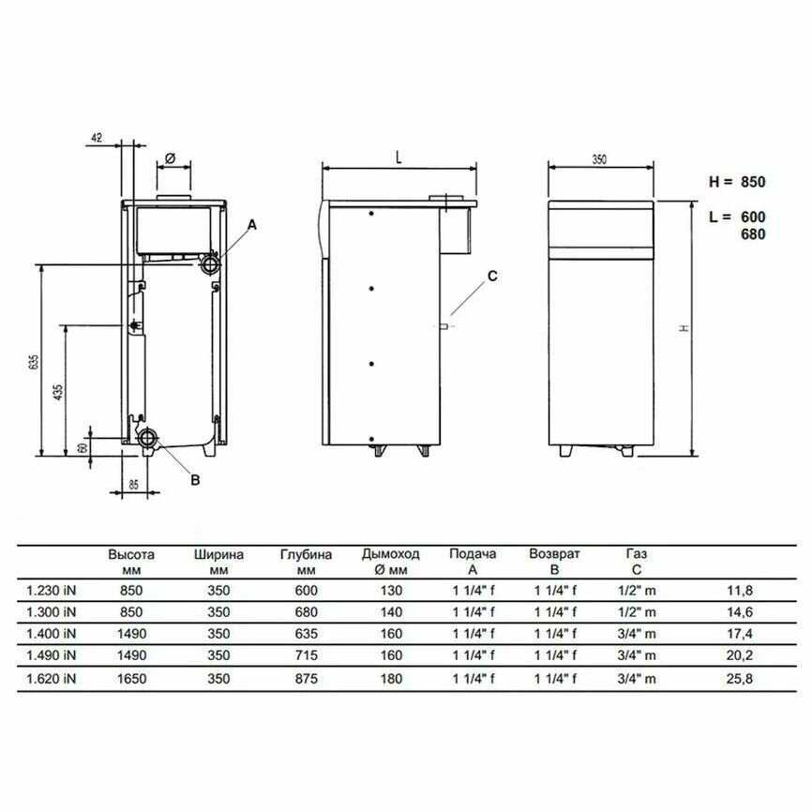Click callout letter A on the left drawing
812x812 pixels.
pyautogui.click(x=252, y=225)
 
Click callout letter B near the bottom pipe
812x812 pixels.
pyautogui.click(x=195, y=480)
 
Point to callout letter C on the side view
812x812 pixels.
pyautogui.click(x=492, y=276)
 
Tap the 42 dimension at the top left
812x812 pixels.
pyautogui.click(x=97, y=137)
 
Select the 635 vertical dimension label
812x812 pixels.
pyautogui.click(x=34, y=362)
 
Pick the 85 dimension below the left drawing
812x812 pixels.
pyautogui.click(x=133, y=485)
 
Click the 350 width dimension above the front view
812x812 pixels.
pyautogui.click(x=599, y=159)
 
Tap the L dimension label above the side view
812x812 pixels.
pyautogui.click(x=398, y=158)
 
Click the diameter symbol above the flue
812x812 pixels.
pyautogui.click(x=171, y=158)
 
